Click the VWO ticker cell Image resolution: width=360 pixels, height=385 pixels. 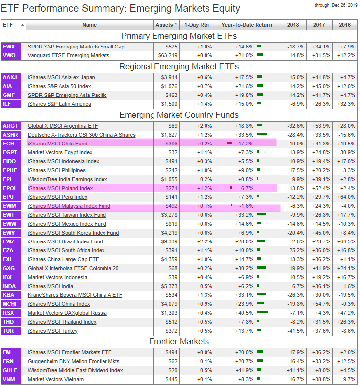[x=9, y=55]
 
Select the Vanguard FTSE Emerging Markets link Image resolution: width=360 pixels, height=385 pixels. [x=68, y=55]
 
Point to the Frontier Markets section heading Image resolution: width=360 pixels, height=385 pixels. [x=179, y=342]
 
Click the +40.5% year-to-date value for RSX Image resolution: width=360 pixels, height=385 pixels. [x=245, y=313]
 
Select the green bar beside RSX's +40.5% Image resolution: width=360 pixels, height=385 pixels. [x=263, y=313]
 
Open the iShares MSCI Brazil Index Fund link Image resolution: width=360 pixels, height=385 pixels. [x=65, y=241]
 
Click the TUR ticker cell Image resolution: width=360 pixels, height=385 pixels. [x=8, y=331]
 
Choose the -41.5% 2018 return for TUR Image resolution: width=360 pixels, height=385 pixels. [x=296, y=331]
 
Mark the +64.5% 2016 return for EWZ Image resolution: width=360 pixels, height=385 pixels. [x=346, y=241]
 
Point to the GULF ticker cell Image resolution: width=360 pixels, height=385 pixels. [x=10, y=370]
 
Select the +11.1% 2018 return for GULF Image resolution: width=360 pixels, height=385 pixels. [x=296, y=370]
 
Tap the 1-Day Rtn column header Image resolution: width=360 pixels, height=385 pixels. [x=196, y=25]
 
